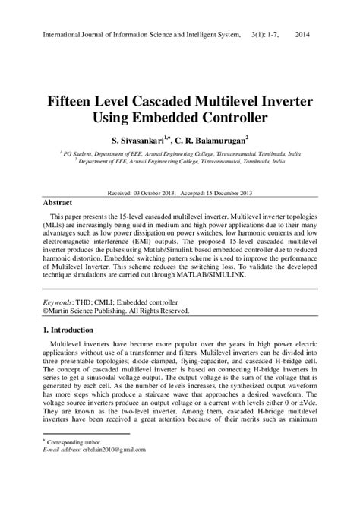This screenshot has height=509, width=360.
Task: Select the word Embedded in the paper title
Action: pyautogui.click(x=177, y=119)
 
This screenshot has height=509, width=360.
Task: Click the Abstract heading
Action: pyautogui.click(x=57, y=204)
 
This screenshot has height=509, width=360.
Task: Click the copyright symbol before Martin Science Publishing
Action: pyautogui.click(x=45, y=311)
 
